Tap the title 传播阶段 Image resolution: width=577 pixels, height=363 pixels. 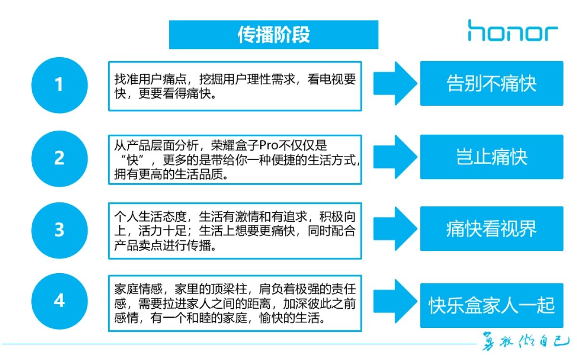click(x=274, y=35)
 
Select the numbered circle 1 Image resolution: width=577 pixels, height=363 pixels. click(x=59, y=85)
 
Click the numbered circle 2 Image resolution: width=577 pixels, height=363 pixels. click(x=59, y=158)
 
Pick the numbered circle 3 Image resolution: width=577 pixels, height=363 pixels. click(x=59, y=230)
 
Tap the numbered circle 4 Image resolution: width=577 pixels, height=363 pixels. click(x=59, y=301)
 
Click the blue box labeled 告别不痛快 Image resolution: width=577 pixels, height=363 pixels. click(x=491, y=84)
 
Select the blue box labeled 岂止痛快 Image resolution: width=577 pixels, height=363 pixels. click(x=491, y=157)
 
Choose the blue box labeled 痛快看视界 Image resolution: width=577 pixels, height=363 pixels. click(x=491, y=229)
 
